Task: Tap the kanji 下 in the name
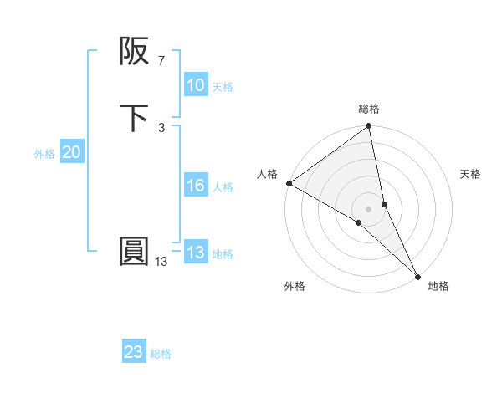click(134, 118)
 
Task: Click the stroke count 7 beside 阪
click(161, 61)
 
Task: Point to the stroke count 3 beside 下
click(161, 127)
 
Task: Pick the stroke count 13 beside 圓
click(161, 262)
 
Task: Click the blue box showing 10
click(196, 85)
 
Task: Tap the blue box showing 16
click(196, 186)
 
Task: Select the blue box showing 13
click(196, 253)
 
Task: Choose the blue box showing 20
click(72, 152)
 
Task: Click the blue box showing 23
click(134, 352)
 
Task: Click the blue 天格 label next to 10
click(223, 87)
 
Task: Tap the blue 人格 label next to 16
click(223, 187)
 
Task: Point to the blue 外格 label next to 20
click(44, 154)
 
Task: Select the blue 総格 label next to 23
click(161, 354)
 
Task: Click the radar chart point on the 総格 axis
click(369, 127)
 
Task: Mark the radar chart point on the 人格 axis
click(289, 183)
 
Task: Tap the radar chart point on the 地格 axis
click(417, 275)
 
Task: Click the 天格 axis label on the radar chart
click(470, 174)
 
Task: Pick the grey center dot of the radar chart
click(369, 208)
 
